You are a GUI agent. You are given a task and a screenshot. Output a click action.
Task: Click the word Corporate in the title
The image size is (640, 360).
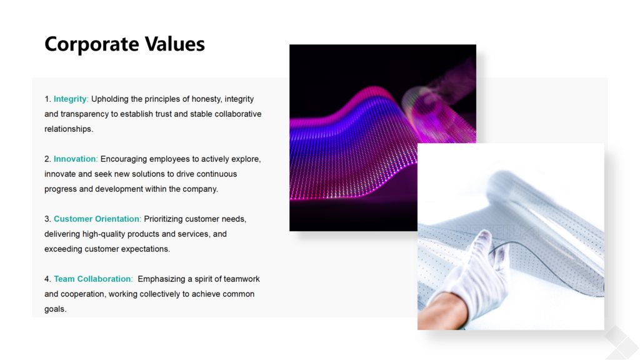pos(92,44)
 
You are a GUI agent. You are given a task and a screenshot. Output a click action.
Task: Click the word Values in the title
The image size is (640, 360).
pos(175,43)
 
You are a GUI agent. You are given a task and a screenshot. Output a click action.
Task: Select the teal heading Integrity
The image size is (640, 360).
pos(70,99)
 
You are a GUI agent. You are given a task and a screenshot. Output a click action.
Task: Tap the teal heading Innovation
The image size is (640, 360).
pos(75,159)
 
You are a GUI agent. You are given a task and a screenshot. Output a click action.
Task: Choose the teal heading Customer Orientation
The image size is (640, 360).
pos(97,219)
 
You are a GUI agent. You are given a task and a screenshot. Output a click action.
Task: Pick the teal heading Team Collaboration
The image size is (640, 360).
pos(92,279)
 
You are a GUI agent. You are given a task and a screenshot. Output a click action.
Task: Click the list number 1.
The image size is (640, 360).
pos(47,99)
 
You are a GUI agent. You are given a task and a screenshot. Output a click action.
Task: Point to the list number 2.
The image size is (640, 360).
pos(47,159)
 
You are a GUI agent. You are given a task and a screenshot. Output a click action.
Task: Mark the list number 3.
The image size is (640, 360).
pos(47,219)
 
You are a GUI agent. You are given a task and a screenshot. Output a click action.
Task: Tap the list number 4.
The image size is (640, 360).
pos(47,279)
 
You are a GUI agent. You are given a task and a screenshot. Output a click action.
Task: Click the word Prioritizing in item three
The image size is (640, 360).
pos(163,219)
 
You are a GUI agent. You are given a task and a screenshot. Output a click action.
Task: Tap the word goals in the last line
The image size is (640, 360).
pos(55,309)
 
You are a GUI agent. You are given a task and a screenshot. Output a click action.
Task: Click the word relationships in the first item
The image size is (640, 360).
pos(68,129)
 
